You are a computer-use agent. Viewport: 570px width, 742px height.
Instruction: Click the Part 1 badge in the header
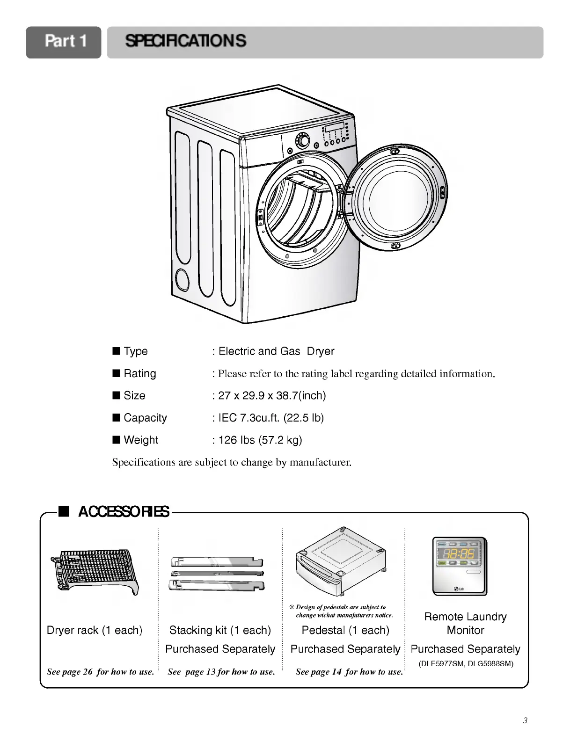pos(64,42)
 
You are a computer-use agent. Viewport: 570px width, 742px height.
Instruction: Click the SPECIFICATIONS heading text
pos(185,41)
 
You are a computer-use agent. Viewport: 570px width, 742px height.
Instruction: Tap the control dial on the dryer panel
pos(303,140)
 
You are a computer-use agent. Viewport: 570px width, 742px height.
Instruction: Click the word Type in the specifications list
pos(135,351)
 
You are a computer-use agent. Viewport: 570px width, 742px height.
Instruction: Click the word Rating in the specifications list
pos(139,374)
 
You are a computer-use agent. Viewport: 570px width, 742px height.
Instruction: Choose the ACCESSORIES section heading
pos(124,512)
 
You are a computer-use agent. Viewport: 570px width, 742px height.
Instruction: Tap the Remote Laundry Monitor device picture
pos(460,566)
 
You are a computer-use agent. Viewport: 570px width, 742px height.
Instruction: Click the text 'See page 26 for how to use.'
pos(100,672)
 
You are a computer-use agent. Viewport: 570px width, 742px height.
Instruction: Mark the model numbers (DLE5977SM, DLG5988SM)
pos(465,663)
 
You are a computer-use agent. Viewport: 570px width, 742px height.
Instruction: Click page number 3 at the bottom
pos(526,720)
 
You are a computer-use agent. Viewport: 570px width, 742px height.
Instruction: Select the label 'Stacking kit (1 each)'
pos(220,630)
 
